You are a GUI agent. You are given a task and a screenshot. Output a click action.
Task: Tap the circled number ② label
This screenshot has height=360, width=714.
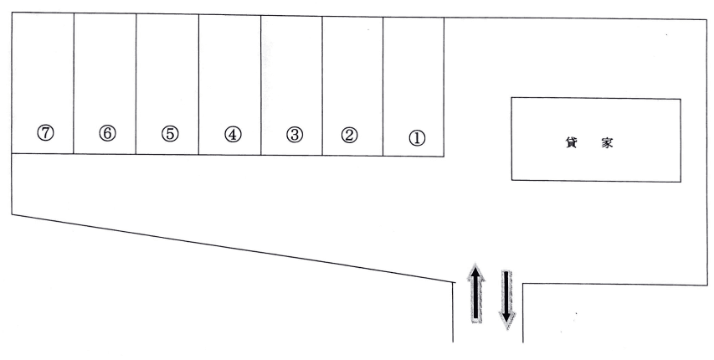point(351,134)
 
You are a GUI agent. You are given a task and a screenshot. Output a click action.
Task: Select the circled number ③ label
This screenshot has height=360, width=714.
point(294,134)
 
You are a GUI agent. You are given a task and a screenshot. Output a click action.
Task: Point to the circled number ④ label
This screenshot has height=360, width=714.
point(233,134)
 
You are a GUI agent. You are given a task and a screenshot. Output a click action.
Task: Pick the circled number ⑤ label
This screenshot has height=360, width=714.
point(171,134)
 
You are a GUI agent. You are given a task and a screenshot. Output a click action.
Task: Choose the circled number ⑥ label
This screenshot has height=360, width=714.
point(107,133)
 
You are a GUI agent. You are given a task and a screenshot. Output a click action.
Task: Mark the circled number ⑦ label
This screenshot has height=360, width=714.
point(45,133)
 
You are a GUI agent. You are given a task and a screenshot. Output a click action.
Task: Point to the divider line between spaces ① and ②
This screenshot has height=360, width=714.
point(383,84)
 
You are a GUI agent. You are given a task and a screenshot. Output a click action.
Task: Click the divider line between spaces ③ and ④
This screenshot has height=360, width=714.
point(261,84)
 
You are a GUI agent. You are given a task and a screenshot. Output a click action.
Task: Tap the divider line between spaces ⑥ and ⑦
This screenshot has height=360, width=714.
point(74,84)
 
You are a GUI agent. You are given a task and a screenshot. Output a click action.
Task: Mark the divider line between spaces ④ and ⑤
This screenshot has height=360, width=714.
point(199,84)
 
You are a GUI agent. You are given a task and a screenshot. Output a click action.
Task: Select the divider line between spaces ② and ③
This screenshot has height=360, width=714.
point(322,84)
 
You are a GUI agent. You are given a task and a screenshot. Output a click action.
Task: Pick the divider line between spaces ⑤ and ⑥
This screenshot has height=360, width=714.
point(136,84)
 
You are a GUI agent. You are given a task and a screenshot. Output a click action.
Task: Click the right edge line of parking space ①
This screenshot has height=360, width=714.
point(444,84)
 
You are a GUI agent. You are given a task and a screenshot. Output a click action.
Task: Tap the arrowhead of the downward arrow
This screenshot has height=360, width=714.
point(506,320)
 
